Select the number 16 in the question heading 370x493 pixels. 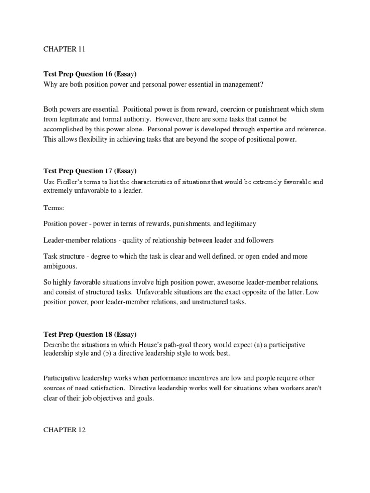111,74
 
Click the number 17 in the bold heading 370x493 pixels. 111,171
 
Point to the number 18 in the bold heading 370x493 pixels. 111,334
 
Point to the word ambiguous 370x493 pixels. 60,266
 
